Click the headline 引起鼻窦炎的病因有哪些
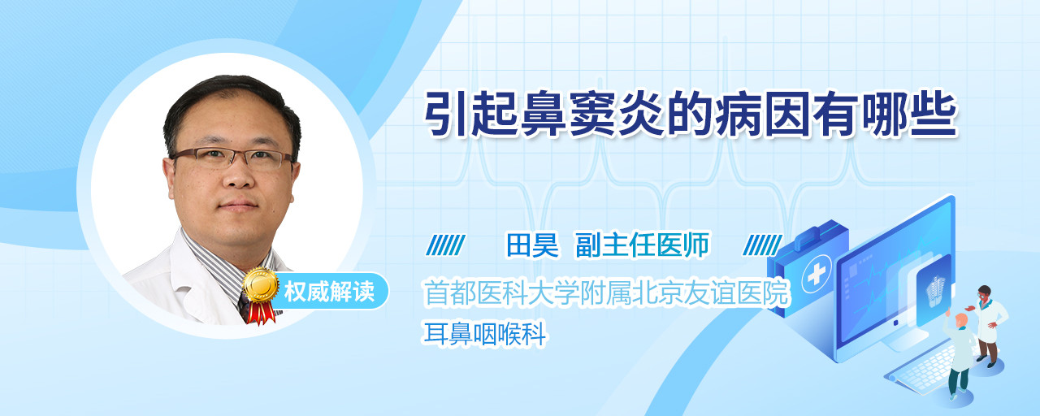coord(691,115)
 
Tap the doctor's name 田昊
coord(532,245)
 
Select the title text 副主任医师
coord(643,245)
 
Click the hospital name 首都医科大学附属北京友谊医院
coord(606,292)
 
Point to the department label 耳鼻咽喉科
coord(485,334)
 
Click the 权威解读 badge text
coord(329,292)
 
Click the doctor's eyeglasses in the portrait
coord(232,158)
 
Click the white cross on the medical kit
coord(817,274)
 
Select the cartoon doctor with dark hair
coord(987,325)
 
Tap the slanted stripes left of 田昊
coord(445,245)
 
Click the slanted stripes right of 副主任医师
coord(762,245)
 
